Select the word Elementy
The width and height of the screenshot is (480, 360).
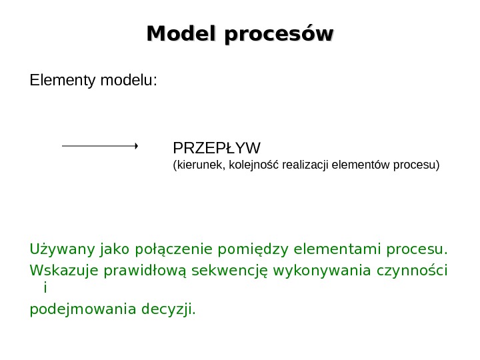pyautogui.click(x=63, y=81)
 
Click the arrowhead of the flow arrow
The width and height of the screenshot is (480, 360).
pyautogui.click(x=135, y=145)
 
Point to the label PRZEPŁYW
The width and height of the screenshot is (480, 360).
pyautogui.click(x=217, y=147)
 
